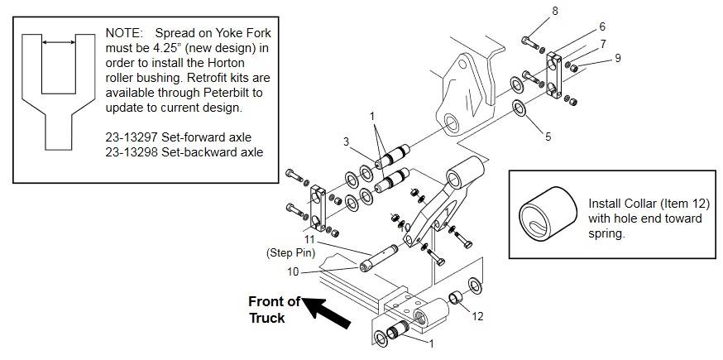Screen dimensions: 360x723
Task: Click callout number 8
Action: [x=555, y=11]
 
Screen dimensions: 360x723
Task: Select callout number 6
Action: [x=602, y=27]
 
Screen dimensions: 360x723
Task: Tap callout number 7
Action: [x=603, y=43]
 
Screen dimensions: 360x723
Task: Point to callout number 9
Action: [x=617, y=58]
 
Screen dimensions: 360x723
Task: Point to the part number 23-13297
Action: [x=133, y=137]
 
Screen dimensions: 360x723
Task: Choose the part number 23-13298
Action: [x=133, y=152]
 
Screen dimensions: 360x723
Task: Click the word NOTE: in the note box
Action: [x=124, y=33]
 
